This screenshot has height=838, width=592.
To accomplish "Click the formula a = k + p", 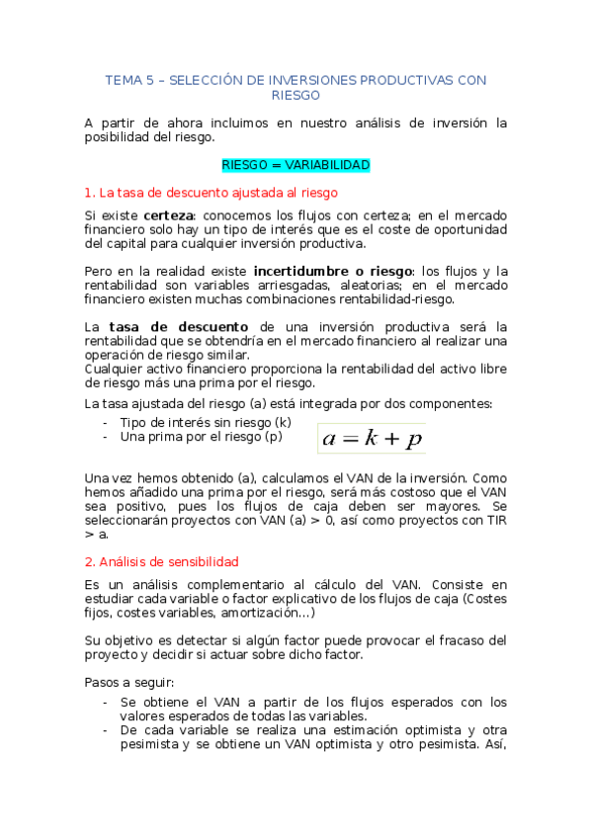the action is [372, 437].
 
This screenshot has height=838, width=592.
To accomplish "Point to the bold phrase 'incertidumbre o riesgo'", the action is [333, 271].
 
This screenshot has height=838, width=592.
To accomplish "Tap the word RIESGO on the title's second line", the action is [296, 95].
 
